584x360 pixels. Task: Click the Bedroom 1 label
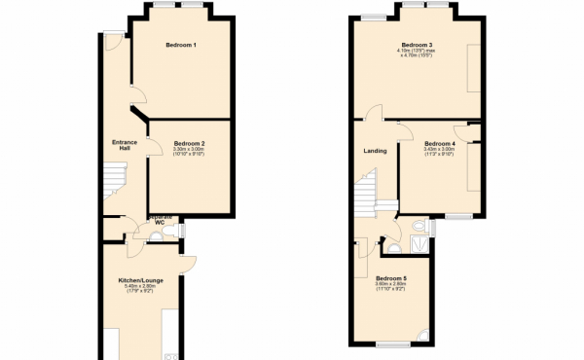click(x=181, y=46)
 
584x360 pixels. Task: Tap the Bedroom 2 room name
click(x=189, y=143)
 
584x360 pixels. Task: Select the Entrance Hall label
click(x=125, y=145)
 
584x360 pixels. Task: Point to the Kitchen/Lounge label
click(x=140, y=279)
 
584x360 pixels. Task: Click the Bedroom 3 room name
click(x=417, y=45)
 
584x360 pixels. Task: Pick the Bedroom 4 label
click(x=440, y=143)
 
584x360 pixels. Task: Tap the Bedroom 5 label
click(x=391, y=278)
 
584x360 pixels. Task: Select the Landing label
click(x=375, y=150)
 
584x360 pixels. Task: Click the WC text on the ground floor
click(x=158, y=222)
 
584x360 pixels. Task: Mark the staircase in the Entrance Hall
click(x=115, y=181)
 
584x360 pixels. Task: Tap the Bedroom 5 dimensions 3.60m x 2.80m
click(x=391, y=286)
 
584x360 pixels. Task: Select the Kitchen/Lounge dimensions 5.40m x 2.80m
click(x=140, y=287)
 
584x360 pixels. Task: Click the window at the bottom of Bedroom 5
click(x=393, y=344)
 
